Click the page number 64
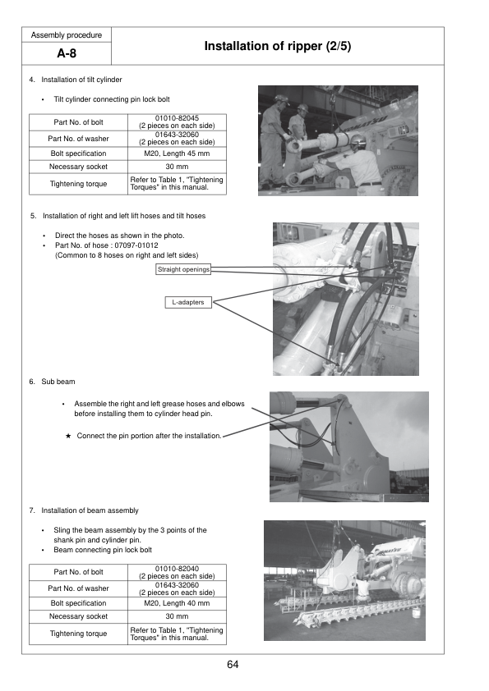(x=233, y=665)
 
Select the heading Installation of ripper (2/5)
(x=278, y=46)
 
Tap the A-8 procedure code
(x=67, y=53)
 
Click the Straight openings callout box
(x=183, y=269)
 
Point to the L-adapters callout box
(x=188, y=302)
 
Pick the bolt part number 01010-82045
(x=177, y=118)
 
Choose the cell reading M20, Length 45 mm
(x=177, y=153)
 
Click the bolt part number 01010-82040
(x=177, y=569)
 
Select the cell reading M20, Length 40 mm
(x=177, y=603)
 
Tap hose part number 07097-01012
(x=136, y=245)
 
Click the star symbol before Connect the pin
(x=68, y=436)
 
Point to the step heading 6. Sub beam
(x=52, y=382)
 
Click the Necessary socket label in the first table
(x=79, y=167)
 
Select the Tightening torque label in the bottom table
(x=79, y=634)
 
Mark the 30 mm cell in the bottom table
(x=177, y=616)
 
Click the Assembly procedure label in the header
(x=67, y=35)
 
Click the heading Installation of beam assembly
(x=90, y=510)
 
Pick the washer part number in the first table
(x=177, y=135)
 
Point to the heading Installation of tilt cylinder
(x=81, y=80)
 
